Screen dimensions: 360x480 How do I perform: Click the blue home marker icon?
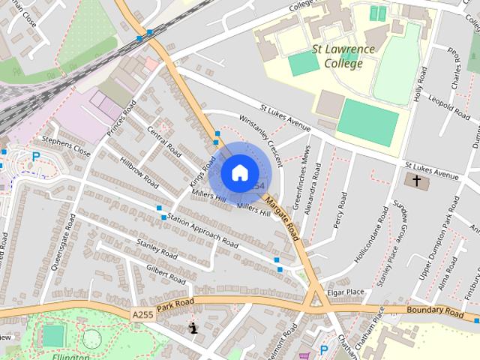click(239, 172)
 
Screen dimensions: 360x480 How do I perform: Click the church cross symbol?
click(415, 181)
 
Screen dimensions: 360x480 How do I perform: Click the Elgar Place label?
click(345, 292)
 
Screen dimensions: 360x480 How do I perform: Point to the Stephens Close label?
click(66, 146)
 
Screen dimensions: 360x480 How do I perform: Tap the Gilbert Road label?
click(166, 273)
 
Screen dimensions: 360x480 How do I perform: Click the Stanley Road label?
click(156, 249)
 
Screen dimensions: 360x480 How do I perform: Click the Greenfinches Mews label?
click(305, 182)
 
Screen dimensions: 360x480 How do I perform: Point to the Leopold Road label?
click(449, 106)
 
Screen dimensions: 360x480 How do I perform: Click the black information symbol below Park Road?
click(193, 328)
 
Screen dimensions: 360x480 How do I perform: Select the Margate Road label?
click(281, 220)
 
